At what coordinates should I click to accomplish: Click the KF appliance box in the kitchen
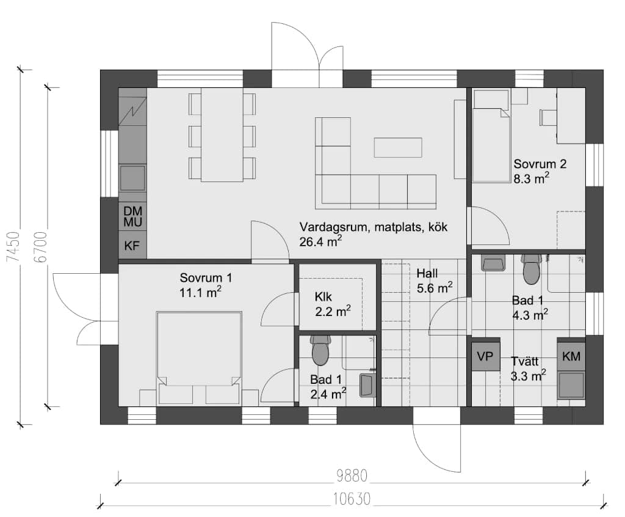pyautogui.click(x=132, y=244)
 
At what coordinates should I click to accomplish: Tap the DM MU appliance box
pyautogui.click(x=132, y=216)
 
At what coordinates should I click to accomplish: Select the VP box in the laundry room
pyautogui.click(x=485, y=356)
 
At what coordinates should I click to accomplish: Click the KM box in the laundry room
pyautogui.click(x=571, y=356)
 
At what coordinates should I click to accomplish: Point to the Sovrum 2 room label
pyautogui.click(x=540, y=164)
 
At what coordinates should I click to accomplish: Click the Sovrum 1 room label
pyautogui.click(x=206, y=277)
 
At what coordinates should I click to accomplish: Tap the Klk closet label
pyautogui.click(x=323, y=296)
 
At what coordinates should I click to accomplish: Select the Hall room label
pyautogui.click(x=427, y=273)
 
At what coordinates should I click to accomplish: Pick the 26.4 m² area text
pyautogui.click(x=320, y=241)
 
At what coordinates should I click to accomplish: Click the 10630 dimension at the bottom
pyautogui.click(x=352, y=499)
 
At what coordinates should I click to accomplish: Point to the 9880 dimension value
pyautogui.click(x=352, y=476)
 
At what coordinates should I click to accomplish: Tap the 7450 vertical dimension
pyautogui.click(x=13, y=247)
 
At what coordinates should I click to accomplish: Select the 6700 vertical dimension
pyautogui.click(x=41, y=247)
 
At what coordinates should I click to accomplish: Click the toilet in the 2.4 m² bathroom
pyautogui.click(x=320, y=350)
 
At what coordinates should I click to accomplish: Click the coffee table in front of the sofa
pyautogui.click(x=398, y=147)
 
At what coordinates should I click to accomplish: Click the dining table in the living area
pyautogui.click(x=222, y=135)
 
